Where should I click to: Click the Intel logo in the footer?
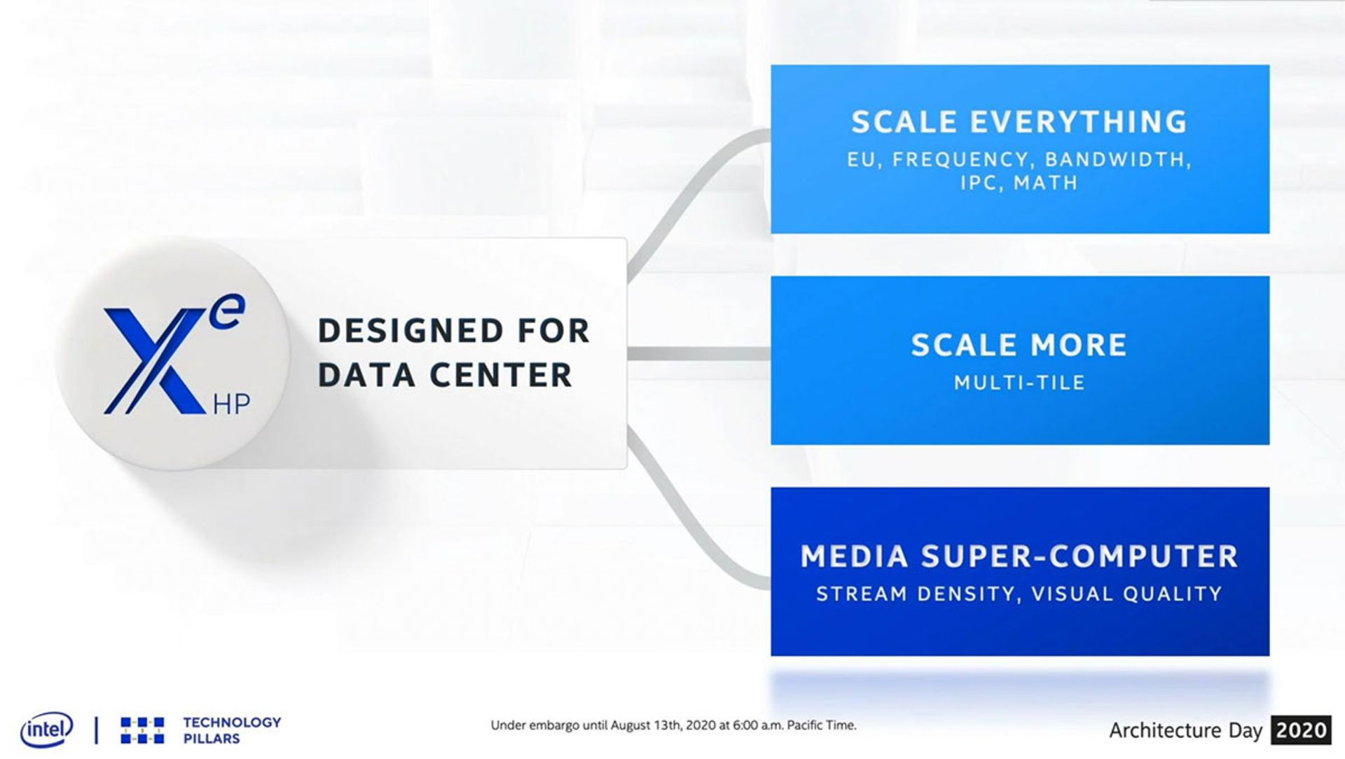[46, 730]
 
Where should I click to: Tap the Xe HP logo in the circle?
[174, 355]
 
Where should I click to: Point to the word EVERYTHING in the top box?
[1078, 122]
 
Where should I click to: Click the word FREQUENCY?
[960, 160]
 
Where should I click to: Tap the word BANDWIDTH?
[1117, 160]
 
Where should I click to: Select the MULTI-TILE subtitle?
[1019, 383]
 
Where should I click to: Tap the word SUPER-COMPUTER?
[1080, 556]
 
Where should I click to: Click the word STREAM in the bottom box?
[862, 594]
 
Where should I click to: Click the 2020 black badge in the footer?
[1301, 730]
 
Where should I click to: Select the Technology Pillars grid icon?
[142, 730]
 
